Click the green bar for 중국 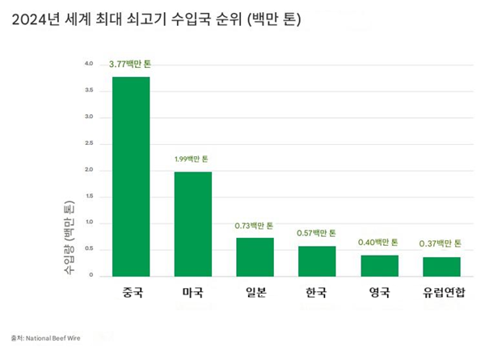coord(130,176)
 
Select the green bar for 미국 coord(192,224)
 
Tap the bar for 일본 coord(255,256)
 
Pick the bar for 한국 coord(317,260)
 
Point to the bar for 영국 coord(379,265)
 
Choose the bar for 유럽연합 coord(441,266)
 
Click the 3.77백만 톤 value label coord(130,63)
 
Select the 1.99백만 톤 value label coord(192,159)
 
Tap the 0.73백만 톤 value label coord(255,226)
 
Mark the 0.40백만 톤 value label coord(379,242)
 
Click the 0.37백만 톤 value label coord(441,244)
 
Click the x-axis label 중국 coord(130,293)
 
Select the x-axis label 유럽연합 coord(441,293)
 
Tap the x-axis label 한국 coord(317,293)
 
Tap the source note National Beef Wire coord(48,336)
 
